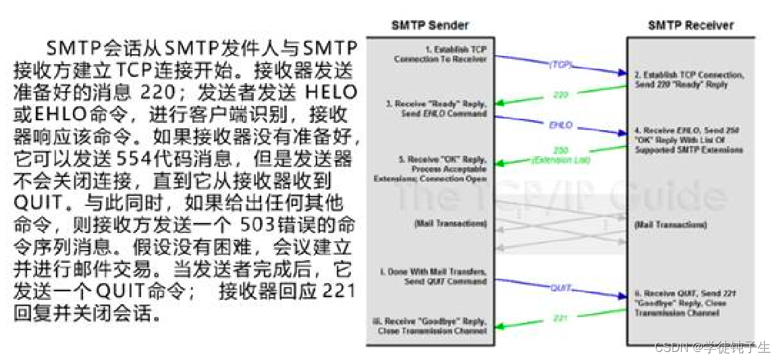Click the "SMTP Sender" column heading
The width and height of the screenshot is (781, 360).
coord(430,26)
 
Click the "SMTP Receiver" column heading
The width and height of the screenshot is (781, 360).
coord(691,26)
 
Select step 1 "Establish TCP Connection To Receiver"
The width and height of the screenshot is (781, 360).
coord(440,54)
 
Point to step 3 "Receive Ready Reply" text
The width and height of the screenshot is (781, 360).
coord(437,109)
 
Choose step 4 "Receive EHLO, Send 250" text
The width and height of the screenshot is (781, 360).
coord(689,139)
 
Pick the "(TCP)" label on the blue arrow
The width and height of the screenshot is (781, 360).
coord(560,65)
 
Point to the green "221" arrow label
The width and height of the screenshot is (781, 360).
coord(560,317)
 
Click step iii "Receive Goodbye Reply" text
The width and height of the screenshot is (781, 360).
coord(429,326)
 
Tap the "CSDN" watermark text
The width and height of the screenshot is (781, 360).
coord(670,348)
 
